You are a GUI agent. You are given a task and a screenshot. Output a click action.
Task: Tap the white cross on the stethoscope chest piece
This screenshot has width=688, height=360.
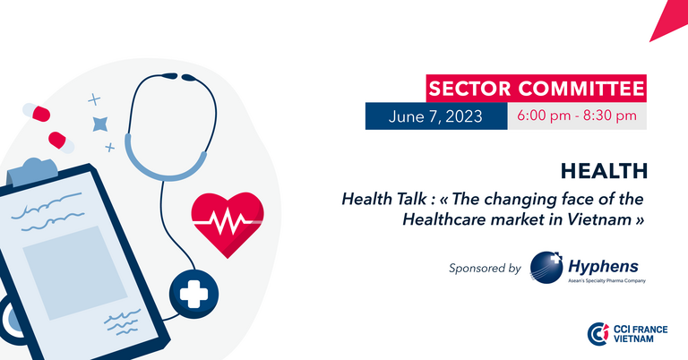tap(193, 294)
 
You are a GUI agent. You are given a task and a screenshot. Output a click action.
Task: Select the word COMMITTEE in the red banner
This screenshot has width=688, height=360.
tap(580, 89)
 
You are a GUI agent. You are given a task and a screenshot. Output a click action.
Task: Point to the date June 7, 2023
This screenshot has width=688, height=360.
tap(435, 116)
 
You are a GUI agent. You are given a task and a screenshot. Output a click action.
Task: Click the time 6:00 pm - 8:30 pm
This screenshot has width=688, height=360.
tap(577, 116)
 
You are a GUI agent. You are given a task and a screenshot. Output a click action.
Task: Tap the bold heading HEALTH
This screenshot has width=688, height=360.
tap(604, 171)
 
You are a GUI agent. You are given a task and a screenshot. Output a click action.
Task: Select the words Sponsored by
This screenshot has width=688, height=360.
tap(485, 269)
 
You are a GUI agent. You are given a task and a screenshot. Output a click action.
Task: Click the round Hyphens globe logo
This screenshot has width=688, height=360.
tap(546, 268)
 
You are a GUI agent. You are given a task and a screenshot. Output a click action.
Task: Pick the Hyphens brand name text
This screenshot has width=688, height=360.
tap(603, 267)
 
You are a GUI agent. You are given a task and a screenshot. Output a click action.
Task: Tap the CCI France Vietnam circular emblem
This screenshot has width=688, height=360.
tap(598, 334)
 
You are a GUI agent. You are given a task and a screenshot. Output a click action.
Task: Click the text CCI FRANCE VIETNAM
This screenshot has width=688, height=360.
tap(641, 334)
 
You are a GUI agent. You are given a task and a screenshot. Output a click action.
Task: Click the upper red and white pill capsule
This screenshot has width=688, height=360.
tap(37, 112)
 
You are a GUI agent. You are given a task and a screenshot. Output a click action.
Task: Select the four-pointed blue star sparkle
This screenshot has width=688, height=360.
tap(100, 124)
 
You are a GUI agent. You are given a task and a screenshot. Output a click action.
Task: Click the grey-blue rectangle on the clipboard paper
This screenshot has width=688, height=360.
tap(75, 273)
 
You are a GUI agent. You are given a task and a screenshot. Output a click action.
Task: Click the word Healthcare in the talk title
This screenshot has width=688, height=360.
tap(444, 219)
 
